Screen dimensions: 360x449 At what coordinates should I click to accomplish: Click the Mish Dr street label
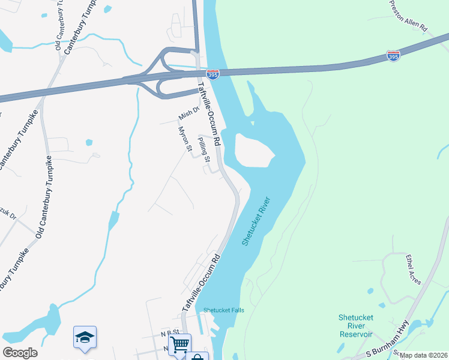(x=188, y=113)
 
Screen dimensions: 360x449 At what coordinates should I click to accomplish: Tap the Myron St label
(x=185, y=138)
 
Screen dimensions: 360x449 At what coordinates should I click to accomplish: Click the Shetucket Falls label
(x=223, y=310)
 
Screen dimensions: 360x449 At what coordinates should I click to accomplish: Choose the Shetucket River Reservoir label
(x=356, y=325)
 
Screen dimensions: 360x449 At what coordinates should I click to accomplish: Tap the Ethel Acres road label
(x=413, y=268)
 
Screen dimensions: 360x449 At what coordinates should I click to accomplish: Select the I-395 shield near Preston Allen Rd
(x=393, y=56)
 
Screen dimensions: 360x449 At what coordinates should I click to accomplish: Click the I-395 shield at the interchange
(x=212, y=74)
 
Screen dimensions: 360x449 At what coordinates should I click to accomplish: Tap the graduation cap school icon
(x=85, y=338)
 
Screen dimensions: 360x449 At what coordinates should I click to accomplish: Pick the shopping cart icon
(x=179, y=344)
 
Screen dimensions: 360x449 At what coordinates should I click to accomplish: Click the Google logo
(x=20, y=353)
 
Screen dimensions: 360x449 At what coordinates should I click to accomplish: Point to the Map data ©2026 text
(x=423, y=355)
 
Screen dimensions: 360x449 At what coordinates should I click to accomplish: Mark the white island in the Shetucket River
(x=253, y=150)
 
